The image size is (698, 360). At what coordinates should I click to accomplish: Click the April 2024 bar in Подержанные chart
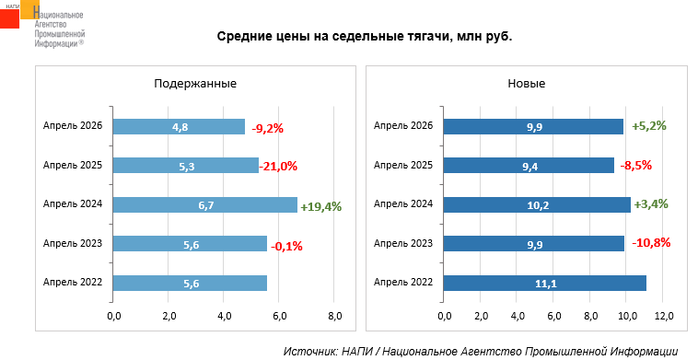(204, 205)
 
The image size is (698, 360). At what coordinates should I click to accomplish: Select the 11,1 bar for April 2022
(545, 284)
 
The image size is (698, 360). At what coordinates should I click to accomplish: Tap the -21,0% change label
(278, 167)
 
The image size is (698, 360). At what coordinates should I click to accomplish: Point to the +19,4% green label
(321, 207)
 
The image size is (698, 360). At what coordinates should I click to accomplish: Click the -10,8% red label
(651, 243)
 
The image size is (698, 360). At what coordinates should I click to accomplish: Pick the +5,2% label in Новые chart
(649, 126)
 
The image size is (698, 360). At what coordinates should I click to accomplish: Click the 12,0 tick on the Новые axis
(663, 316)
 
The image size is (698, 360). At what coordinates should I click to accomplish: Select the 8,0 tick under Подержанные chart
(334, 316)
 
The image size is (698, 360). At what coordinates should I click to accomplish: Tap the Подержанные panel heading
(195, 84)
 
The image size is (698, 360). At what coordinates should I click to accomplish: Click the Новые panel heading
(527, 84)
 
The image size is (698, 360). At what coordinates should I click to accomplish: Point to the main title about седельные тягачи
(365, 37)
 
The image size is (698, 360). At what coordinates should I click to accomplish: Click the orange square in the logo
(30, 9)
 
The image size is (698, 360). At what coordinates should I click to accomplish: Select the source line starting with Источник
(481, 351)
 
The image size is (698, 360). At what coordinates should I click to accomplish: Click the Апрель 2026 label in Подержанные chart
(73, 126)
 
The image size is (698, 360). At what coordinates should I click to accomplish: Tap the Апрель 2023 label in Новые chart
(402, 243)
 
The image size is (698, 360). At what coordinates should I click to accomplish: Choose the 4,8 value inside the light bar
(180, 127)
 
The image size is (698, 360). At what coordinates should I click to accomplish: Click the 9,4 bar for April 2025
(529, 166)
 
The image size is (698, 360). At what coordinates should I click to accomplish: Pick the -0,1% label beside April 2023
(286, 246)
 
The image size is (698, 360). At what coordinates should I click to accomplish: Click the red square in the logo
(10, 18)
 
